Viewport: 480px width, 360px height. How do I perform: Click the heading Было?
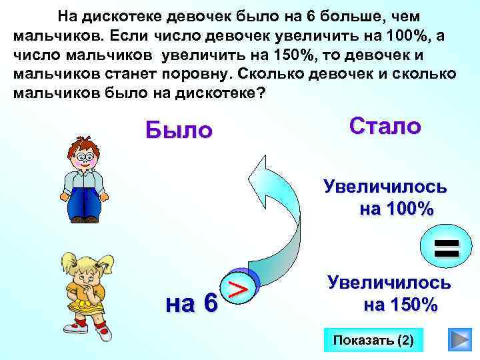(179, 129)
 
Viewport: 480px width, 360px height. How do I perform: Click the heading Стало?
(385, 126)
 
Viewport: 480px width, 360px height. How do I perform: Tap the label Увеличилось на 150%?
(389, 294)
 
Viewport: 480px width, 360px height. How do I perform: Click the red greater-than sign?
(239, 288)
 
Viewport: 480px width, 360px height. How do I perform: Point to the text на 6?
(191, 303)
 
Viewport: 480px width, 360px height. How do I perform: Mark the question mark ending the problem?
(260, 93)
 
